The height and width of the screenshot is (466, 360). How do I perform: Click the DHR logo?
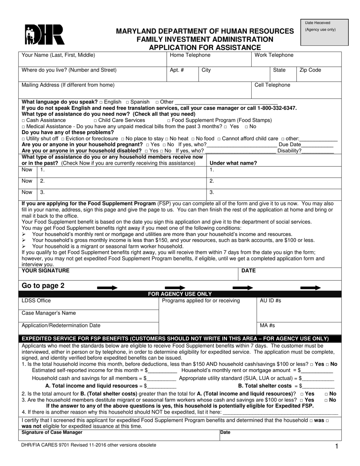tap(44, 35)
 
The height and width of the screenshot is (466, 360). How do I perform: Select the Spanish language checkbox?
tap(127, 102)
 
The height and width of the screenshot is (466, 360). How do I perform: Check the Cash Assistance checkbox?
tap(24, 120)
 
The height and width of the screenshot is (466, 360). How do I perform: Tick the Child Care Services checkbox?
tap(95, 120)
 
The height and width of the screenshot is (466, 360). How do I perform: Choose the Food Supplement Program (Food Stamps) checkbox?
tap(169, 120)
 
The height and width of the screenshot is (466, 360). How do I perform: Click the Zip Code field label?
tap(310, 70)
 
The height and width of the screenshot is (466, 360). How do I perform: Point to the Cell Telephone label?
tap(272, 85)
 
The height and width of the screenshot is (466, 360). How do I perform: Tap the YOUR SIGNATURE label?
tap(45, 271)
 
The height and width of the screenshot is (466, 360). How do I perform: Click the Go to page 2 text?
tap(43, 286)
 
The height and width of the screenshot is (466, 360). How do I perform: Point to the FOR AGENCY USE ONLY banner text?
tap(180, 294)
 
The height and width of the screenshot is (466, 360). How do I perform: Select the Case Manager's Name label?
tap(49, 313)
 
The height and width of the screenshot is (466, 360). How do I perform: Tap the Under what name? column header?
tap(233, 163)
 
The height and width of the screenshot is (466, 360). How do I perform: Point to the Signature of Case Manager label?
tap(52, 432)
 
